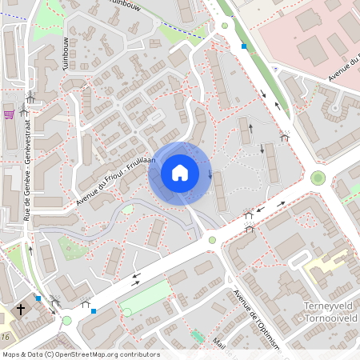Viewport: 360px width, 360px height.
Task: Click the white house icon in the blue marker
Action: [180, 173]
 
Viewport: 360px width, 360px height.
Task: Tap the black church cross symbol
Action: [22, 308]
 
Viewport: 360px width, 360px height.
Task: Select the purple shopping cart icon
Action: [10, 114]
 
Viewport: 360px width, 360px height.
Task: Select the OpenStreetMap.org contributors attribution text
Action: [80, 354]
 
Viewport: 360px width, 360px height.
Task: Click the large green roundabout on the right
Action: [318, 178]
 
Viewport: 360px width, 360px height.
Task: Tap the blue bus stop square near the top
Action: [244, 46]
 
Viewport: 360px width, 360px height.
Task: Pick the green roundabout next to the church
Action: [67, 320]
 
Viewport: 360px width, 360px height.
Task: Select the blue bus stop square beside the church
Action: [38, 298]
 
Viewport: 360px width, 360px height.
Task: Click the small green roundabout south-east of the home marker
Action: [213, 239]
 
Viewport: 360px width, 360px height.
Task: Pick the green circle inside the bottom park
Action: [126, 312]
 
